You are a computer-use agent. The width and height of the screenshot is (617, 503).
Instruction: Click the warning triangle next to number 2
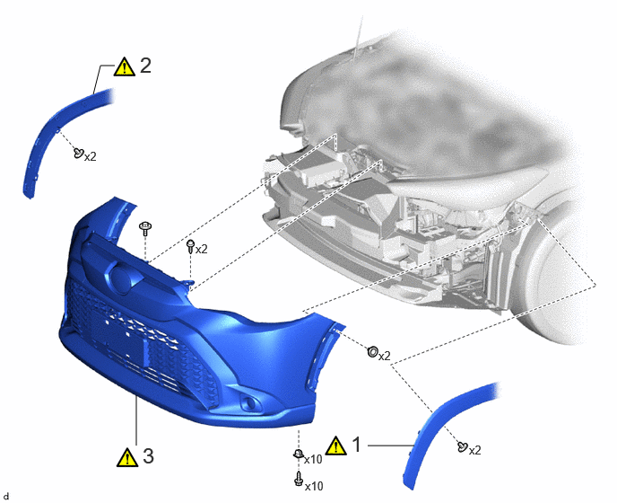pos(125,66)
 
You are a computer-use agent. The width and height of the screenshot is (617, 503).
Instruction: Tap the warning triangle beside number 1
pos(336,446)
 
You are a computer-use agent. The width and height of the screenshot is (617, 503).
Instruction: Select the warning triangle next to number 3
pos(127,457)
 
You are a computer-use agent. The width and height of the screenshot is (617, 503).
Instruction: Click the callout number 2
pos(145,66)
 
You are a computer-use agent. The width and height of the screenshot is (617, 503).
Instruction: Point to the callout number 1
pos(357,445)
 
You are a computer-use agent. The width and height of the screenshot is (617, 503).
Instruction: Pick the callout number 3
pos(148,456)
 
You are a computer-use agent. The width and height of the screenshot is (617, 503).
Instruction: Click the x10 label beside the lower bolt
pos(315,487)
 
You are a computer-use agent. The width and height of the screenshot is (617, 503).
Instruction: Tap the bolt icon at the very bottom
pos(299,479)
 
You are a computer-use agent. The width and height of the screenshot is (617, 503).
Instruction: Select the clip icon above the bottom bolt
pos(299,454)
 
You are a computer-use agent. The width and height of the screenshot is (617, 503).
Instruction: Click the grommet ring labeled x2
pos(372,351)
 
